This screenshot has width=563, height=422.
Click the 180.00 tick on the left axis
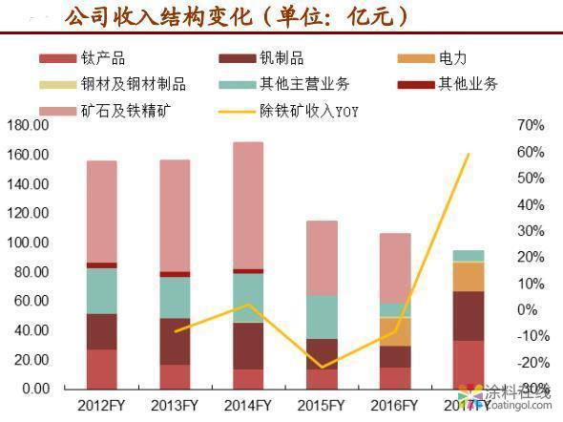(28, 126)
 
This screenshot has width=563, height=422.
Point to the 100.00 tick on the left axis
(28, 243)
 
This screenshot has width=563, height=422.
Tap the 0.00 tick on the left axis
(33, 389)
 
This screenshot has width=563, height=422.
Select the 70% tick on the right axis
(531, 126)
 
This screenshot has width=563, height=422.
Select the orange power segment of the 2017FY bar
(468, 277)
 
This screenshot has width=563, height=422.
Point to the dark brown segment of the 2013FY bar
(175, 341)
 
